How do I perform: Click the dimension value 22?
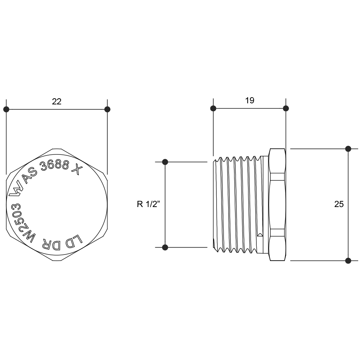(x=57, y=102)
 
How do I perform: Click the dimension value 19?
(x=250, y=100)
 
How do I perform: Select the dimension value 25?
(x=339, y=204)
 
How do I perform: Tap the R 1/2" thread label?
(x=147, y=204)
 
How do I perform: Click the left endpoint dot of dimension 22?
(x=6, y=109)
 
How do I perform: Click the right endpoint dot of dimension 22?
(x=107, y=109)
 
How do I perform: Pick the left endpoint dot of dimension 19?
(x=213, y=108)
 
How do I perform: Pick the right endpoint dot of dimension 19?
(x=286, y=108)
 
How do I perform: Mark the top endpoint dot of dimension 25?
(x=348, y=149)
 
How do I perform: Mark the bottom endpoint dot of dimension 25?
(x=348, y=261)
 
